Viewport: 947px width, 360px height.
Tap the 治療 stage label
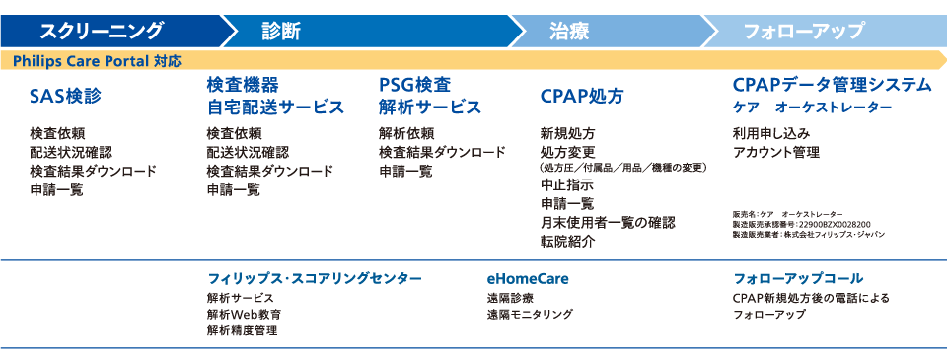569,31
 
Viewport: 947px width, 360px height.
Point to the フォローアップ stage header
804,31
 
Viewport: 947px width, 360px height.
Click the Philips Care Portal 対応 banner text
98,61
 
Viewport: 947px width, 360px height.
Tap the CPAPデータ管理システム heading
832,85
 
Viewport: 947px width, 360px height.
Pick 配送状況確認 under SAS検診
71,152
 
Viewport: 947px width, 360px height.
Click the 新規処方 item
567,133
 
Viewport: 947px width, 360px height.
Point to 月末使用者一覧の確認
607,223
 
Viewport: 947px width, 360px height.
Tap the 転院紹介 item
567,242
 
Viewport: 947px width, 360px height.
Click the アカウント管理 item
776,152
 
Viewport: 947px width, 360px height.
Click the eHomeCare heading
528,278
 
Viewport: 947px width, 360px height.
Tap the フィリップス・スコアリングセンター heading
315,278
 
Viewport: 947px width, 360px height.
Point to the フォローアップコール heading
799,278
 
